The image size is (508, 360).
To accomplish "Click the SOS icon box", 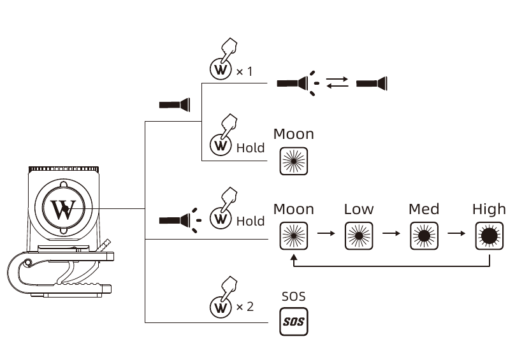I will point(293,322).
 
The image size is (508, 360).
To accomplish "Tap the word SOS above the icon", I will point(293,296).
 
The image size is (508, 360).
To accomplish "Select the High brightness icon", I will point(489,235).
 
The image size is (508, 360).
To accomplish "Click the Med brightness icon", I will point(424,235).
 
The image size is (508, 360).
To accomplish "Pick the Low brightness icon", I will point(359,235).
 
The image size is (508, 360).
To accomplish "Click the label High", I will point(489,209).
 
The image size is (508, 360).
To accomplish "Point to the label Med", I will point(424,209).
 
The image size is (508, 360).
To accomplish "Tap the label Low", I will point(359,209).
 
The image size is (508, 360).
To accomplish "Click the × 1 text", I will point(244,71).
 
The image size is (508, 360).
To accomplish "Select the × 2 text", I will point(245,307).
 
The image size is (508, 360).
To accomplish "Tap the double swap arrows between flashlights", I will point(337,82).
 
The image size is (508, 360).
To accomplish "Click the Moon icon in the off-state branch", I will point(293,161).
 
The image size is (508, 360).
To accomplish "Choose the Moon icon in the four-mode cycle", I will point(293,235).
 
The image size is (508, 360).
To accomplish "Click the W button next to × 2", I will point(221,307).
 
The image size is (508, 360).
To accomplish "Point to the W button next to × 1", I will point(221,69).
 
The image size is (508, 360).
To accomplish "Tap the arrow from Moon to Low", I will point(326,233).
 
